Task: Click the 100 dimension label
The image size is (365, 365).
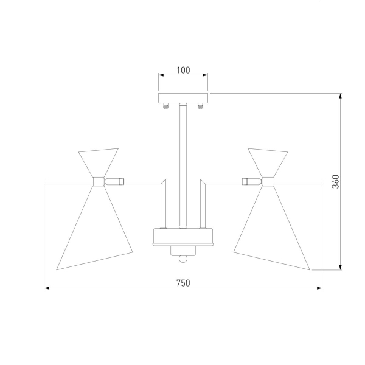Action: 183,70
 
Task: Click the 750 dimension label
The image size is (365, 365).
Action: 183,283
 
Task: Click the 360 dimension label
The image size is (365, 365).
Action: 336,181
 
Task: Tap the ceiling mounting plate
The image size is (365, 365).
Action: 183,98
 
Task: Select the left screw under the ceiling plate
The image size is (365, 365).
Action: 165,106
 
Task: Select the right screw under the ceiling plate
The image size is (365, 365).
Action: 200,106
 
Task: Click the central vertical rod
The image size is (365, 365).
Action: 183,165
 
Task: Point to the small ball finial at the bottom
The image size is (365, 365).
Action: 183,259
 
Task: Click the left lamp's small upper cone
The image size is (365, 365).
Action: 99,162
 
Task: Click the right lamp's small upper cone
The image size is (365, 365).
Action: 268,162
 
